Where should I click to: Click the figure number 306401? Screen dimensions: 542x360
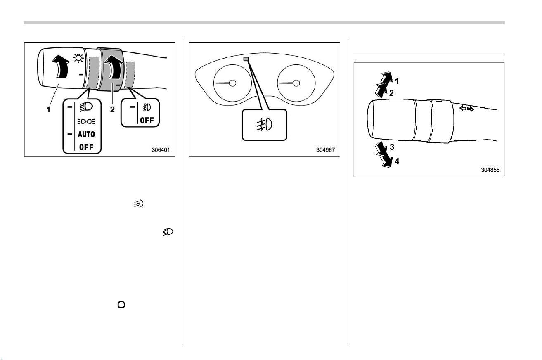coord(161,150)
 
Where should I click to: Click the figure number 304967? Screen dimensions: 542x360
coord(325,150)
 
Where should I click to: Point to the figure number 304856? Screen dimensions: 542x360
coord(490,170)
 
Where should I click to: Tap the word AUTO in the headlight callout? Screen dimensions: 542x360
coord(86,134)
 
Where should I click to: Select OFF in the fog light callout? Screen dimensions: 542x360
coord(147,120)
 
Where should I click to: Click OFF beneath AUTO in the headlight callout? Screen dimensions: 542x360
coord(86,147)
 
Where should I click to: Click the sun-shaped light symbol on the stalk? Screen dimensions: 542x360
coord(78,58)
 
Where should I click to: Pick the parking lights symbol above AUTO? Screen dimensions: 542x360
coord(86,121)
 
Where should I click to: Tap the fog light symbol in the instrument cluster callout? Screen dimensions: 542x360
coord(265,125)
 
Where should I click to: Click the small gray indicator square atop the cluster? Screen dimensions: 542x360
coord(246,59)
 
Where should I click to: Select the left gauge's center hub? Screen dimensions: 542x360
coord(232,83)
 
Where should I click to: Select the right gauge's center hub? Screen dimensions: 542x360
coord(296,83)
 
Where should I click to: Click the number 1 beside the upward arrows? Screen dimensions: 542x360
coord(397,81)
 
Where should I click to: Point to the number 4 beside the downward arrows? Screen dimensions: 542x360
coord(397,161)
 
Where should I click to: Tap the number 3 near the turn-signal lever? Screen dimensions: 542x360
coord(392,147)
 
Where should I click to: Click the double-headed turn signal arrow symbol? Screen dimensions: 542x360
coord(466,109)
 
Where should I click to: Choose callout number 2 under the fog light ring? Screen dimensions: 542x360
coord(112,109)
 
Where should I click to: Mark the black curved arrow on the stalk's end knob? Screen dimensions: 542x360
coord(61,66)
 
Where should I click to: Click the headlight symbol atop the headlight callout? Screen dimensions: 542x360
coord(86,107)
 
